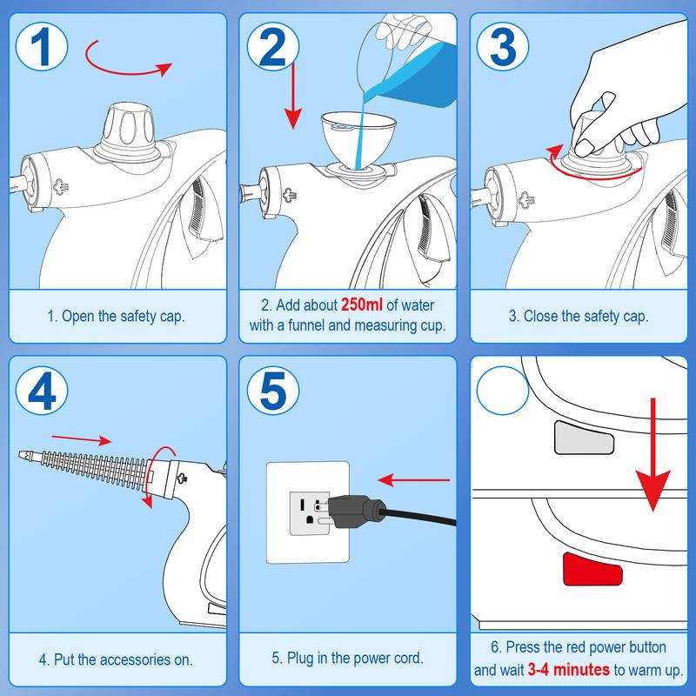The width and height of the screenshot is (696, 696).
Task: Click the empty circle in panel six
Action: pyautogui.click(x=502, y=391)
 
